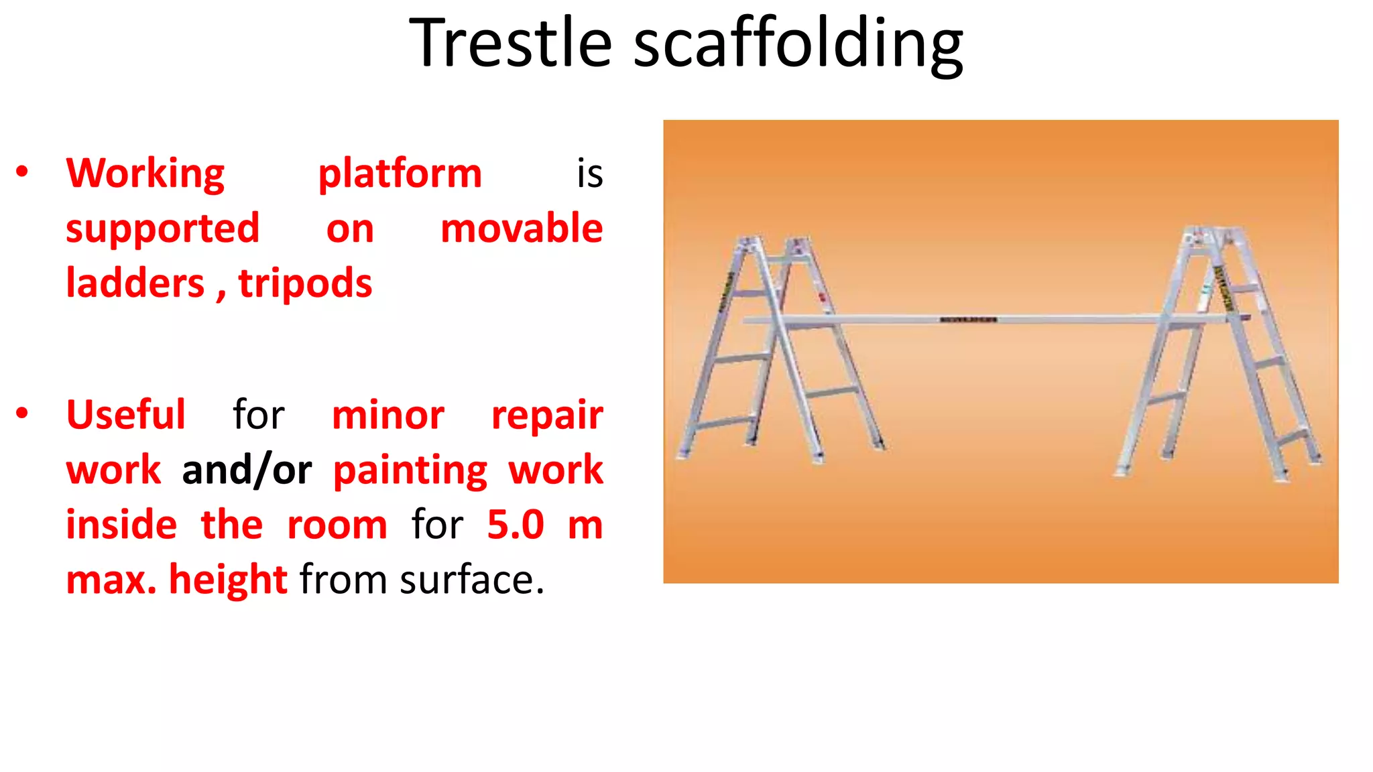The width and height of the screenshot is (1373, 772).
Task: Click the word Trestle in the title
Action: [x=510, y=44]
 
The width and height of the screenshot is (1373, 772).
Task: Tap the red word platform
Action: [x=400, y=174]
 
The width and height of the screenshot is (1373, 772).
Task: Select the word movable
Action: [x=522, y=229]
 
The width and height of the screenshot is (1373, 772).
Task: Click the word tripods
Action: [x=305, y=283]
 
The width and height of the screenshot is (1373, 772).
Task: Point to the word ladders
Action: [x=135, y=283]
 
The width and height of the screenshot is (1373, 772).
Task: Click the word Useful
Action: [x=125, y=415]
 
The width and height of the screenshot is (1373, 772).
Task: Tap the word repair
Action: [x=547, y=416]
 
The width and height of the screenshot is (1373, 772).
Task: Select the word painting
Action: [x=410, y=471]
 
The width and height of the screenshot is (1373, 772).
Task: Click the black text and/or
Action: [x=247, y=471]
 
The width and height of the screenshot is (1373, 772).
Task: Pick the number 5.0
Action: [x=515, y=525]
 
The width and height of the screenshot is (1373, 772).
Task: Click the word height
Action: [x=228, y=580]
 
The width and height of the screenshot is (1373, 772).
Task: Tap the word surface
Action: [x=471, y=580]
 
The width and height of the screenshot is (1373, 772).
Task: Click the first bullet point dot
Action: [x=22, y=172]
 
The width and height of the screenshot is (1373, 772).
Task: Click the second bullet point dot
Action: [x=22, y=413]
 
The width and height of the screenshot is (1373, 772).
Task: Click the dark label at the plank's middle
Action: [x=968, y=320]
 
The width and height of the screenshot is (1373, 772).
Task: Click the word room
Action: [x=337, y=525]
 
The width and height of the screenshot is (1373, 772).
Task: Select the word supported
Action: [x=162, y=230]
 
